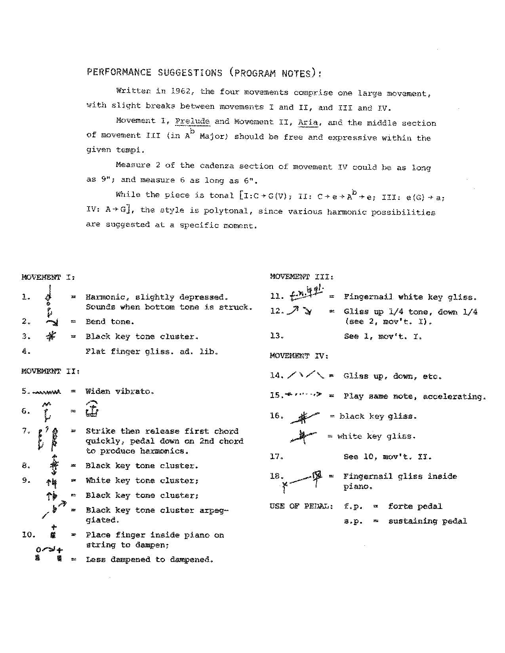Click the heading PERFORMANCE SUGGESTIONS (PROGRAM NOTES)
tap(204, 73)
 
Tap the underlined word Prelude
tap(192, 121)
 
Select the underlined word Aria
tap(308, 122)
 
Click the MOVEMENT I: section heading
tap(48, 277)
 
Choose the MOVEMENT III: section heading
tap(302, 277)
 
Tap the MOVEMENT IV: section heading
tap(299, 356)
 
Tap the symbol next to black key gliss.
tap(304, 417)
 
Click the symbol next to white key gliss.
tap(303, 436)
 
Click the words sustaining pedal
tap(427, 521)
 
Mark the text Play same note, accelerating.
tap(415, 396)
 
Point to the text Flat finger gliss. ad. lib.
tap(152, 351)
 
